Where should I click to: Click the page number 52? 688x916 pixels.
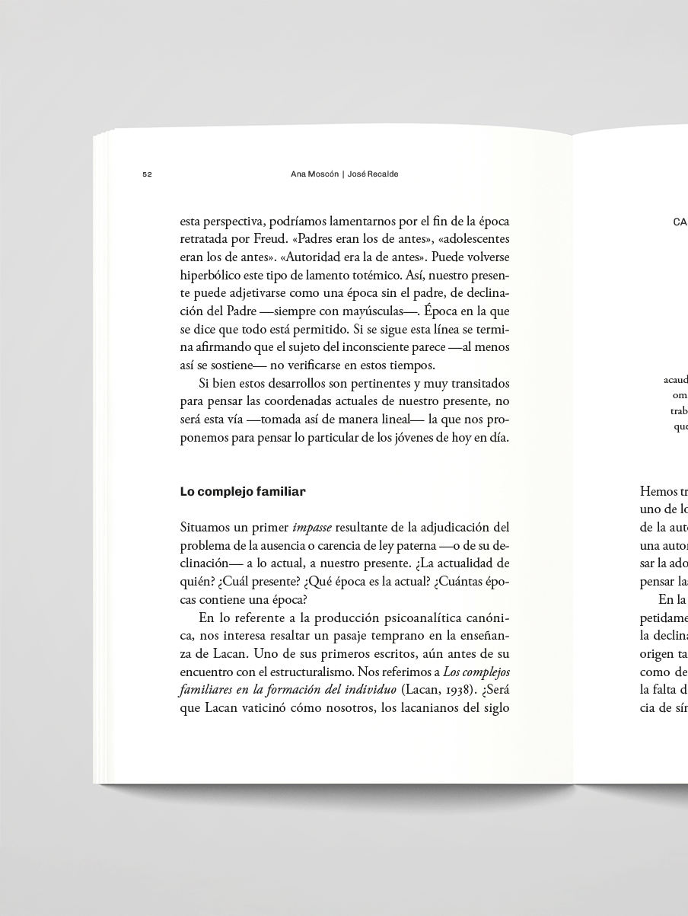(147, 174)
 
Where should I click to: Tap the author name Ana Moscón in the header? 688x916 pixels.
(314, 174)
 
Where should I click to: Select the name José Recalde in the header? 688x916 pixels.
(373, 174)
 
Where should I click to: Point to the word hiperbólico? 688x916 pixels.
(211, 275)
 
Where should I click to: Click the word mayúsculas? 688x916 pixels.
(373, 311)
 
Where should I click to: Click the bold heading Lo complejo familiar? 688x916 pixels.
(243, 492)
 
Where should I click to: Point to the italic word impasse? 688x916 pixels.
(312, 527)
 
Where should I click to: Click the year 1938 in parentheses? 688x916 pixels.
(444, 690)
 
